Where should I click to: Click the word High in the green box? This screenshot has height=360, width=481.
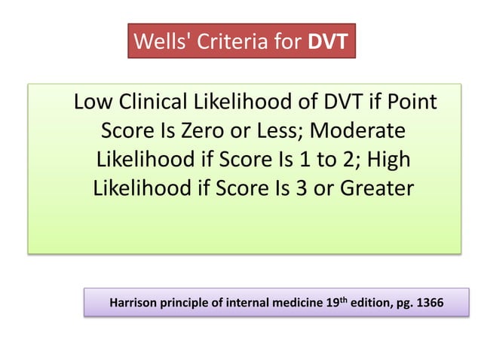click(384, 158)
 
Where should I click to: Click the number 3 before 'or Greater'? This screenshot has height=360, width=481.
click(290, 187)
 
